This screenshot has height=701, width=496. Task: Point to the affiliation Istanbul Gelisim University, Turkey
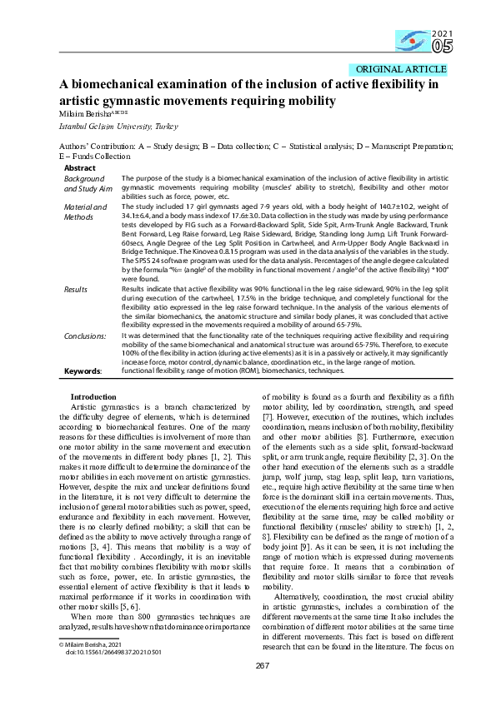pos(107,126)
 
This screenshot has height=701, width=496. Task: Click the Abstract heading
pos(80,167)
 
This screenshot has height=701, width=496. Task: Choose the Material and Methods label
pos(84,211)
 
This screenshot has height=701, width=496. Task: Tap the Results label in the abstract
pos(77,287)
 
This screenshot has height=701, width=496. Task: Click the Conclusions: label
pos(84,335)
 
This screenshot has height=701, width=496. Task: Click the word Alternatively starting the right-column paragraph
pos(300,549)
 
